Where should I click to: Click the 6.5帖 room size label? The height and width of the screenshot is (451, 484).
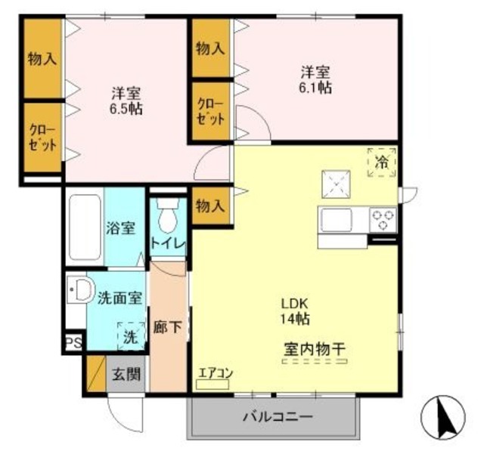coord(126,109)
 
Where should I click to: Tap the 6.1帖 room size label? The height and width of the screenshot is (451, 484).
coord(315,88)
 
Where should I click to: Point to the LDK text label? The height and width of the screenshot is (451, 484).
coord(294,304)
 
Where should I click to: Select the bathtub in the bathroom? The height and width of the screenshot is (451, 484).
coord(85,227)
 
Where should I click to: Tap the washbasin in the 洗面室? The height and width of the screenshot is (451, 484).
coord(80,290)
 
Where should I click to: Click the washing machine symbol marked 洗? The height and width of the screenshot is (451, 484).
coord(131,336)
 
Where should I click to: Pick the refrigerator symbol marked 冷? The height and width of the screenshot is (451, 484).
coord(382,162)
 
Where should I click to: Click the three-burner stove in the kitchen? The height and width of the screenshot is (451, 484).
coord(383,220)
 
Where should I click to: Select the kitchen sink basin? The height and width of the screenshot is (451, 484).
coord(337,220)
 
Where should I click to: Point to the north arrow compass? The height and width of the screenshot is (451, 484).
coord(443,418)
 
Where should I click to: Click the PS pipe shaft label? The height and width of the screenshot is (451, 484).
coord(74,343)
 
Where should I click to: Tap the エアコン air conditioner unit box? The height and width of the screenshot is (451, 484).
coord(213,385)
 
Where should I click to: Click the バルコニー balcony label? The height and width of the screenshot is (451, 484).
coord(278,418)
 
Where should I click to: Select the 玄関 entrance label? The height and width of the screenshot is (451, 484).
coord(126,374)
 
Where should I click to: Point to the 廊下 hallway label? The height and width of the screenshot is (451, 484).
coord(168,327)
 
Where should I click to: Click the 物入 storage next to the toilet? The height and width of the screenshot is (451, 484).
coord(210,205)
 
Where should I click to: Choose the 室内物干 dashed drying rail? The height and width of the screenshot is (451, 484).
coord(315,361)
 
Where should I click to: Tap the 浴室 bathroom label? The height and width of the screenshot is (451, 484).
coord(121,228)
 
